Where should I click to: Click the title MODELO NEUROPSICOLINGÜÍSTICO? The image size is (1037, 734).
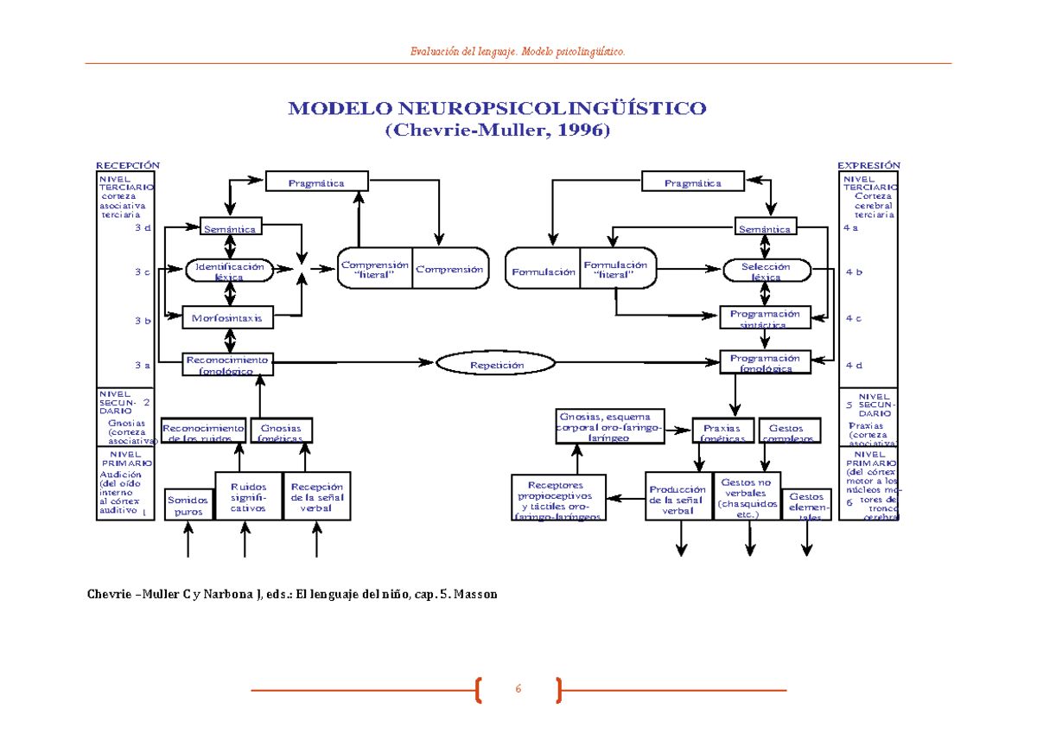497,109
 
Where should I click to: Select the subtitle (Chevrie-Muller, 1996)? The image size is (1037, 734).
497,131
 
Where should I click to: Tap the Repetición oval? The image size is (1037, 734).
497,365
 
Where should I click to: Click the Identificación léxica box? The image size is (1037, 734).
230,271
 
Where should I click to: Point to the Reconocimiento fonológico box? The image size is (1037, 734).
227,365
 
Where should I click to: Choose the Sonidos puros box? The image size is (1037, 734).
188,504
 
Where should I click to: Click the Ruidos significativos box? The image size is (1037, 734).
248,496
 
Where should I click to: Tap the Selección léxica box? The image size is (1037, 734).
766,271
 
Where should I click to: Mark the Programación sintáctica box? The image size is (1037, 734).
765,318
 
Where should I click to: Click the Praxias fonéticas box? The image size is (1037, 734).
723,432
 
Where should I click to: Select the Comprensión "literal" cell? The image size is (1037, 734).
374,270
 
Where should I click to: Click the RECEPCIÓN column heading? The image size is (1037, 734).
128,165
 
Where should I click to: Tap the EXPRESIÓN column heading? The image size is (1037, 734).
868,165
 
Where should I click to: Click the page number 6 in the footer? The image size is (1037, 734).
518,689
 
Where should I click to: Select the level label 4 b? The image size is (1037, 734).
854,271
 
